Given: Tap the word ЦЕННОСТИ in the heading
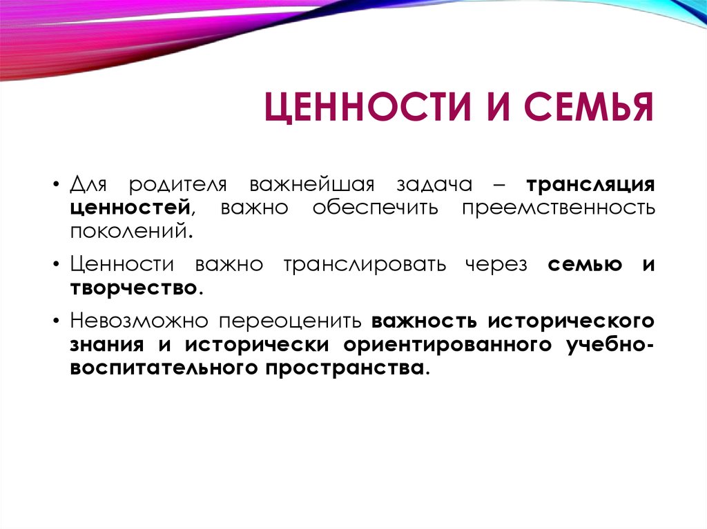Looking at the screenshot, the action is point(367,107).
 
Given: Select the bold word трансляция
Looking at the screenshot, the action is point(591,185).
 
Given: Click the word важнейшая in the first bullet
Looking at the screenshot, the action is point(311,185).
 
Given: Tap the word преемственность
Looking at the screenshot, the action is point(558,208).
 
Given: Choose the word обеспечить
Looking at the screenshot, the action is point(375,208).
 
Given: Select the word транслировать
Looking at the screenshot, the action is point(365,265).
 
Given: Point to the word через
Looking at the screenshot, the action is point(496,265).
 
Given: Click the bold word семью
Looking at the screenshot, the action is point(585,265).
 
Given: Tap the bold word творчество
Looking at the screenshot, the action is point(133,288).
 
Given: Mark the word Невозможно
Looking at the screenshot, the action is point(139,321).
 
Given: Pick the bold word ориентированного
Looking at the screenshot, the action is point(447,345).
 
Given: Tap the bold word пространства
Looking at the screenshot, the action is point(345,368).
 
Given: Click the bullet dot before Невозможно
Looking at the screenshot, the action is point(56,321).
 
